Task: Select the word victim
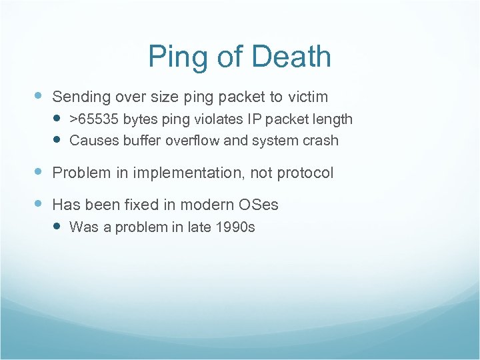(x=308, y=97)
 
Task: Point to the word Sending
(x=81, y=97)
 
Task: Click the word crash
(x=321, y=141)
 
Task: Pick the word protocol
(x=305, y=173)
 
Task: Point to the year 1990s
(x=235, y=227)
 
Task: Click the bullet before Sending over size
(x=39, y=96)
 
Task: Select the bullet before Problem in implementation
(x=39, y=172)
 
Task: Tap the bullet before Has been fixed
(x=39, y=203)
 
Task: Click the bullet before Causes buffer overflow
(x=57, y=140)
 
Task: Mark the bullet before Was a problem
(x=57, y=227)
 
